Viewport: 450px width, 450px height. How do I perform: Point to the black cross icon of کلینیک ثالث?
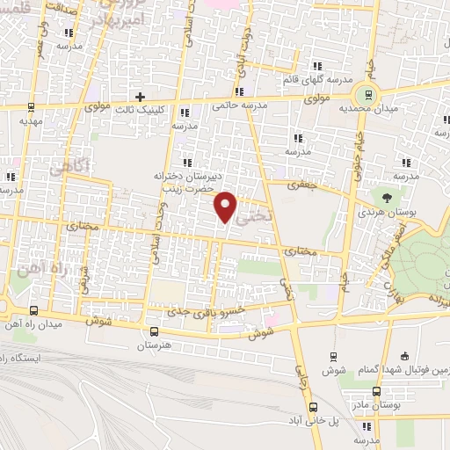tap(139, 95)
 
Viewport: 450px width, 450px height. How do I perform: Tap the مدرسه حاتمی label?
tap(237, 105)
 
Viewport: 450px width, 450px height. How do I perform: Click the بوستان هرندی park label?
tap(387, 212)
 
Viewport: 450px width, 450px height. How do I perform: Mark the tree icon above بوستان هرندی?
tap(387, 195)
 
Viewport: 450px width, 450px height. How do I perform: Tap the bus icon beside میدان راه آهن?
tap(33, 309)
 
